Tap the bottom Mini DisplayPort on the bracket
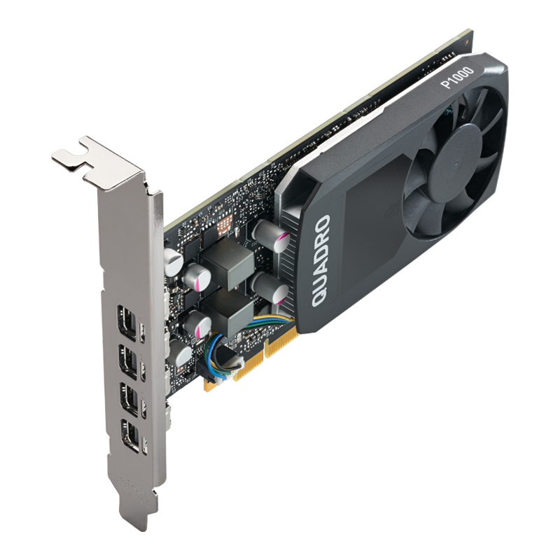130,432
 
